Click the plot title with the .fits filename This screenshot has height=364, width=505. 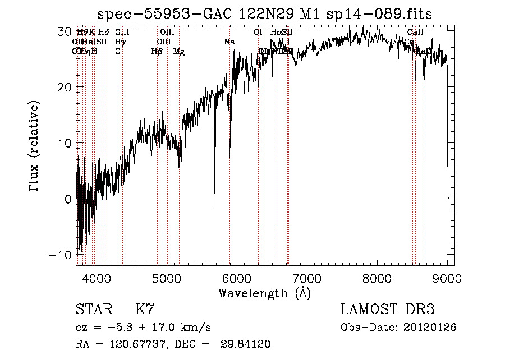coord(265,13)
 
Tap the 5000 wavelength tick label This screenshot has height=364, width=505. coord(167,277)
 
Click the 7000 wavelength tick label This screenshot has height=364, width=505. coord(307,277)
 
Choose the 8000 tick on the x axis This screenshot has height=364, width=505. coord(377,277)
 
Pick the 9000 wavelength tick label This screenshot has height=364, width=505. coord(447,277)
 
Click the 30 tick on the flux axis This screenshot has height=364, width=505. coord(63,31)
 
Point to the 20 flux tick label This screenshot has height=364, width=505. coord(63,87)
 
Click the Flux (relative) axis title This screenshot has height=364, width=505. coord(35,148)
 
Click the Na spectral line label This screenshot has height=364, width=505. coord(229,42)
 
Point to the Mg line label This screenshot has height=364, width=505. coord(179,52)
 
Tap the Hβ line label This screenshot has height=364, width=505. coord(157,52)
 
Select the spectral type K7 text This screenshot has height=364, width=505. coord(145,310)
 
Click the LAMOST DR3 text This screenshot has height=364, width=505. coord(388,310)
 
